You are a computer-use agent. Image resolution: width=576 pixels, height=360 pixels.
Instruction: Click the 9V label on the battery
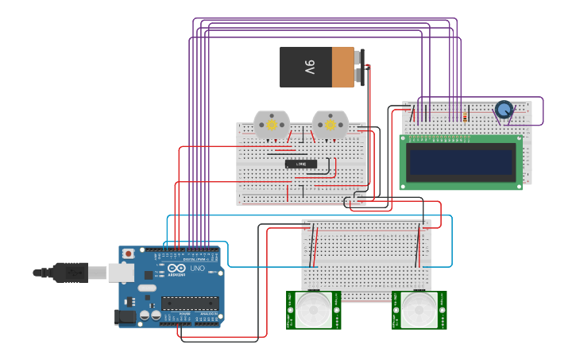pyautogui.click(x=310, y=68)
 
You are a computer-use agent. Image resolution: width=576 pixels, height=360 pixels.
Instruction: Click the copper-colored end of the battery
pyautogui.click(x=342, y=68)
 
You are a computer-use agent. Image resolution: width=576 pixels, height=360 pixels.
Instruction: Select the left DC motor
pyautogui.click(x=272, y=125)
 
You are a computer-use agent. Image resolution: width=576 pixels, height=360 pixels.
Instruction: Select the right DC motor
pyautogui.click(x=330, y=125)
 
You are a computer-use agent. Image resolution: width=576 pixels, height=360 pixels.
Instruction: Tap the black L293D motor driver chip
pyautogui.click(x=301, y=164)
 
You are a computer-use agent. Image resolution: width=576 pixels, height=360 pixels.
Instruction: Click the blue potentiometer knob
pyautogui.click(x=503, y=109)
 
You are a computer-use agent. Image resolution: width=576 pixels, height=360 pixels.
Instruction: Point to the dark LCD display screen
pyautogui.click(x=460, y=160)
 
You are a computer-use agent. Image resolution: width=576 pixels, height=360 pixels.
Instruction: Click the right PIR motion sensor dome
pyautogui.click(x=419, y=309)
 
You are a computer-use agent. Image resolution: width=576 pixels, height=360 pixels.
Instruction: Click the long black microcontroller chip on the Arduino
pyautogui.click(x=190, y=303)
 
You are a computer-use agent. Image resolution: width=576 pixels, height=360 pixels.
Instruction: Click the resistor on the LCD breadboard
pyautogui.click(x=464, y=116)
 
